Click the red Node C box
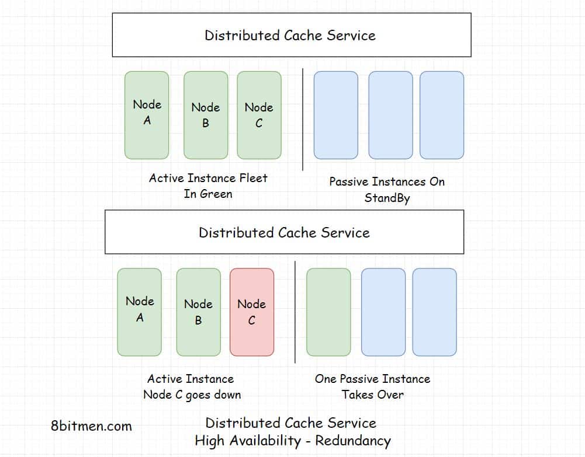251,312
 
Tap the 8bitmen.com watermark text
91,426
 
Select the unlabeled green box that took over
328,312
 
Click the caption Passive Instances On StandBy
387,190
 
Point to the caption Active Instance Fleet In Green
208,186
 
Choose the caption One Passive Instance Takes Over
372,386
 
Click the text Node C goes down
192,395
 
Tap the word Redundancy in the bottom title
353,441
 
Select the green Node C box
259,115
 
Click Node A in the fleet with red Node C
139,312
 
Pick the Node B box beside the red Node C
198,312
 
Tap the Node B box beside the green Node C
206,115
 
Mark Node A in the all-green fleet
147,115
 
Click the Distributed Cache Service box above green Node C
291,35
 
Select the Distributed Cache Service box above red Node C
284,232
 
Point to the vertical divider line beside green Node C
303,119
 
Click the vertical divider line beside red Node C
295,312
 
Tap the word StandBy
387,198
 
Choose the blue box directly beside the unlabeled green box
383,312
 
